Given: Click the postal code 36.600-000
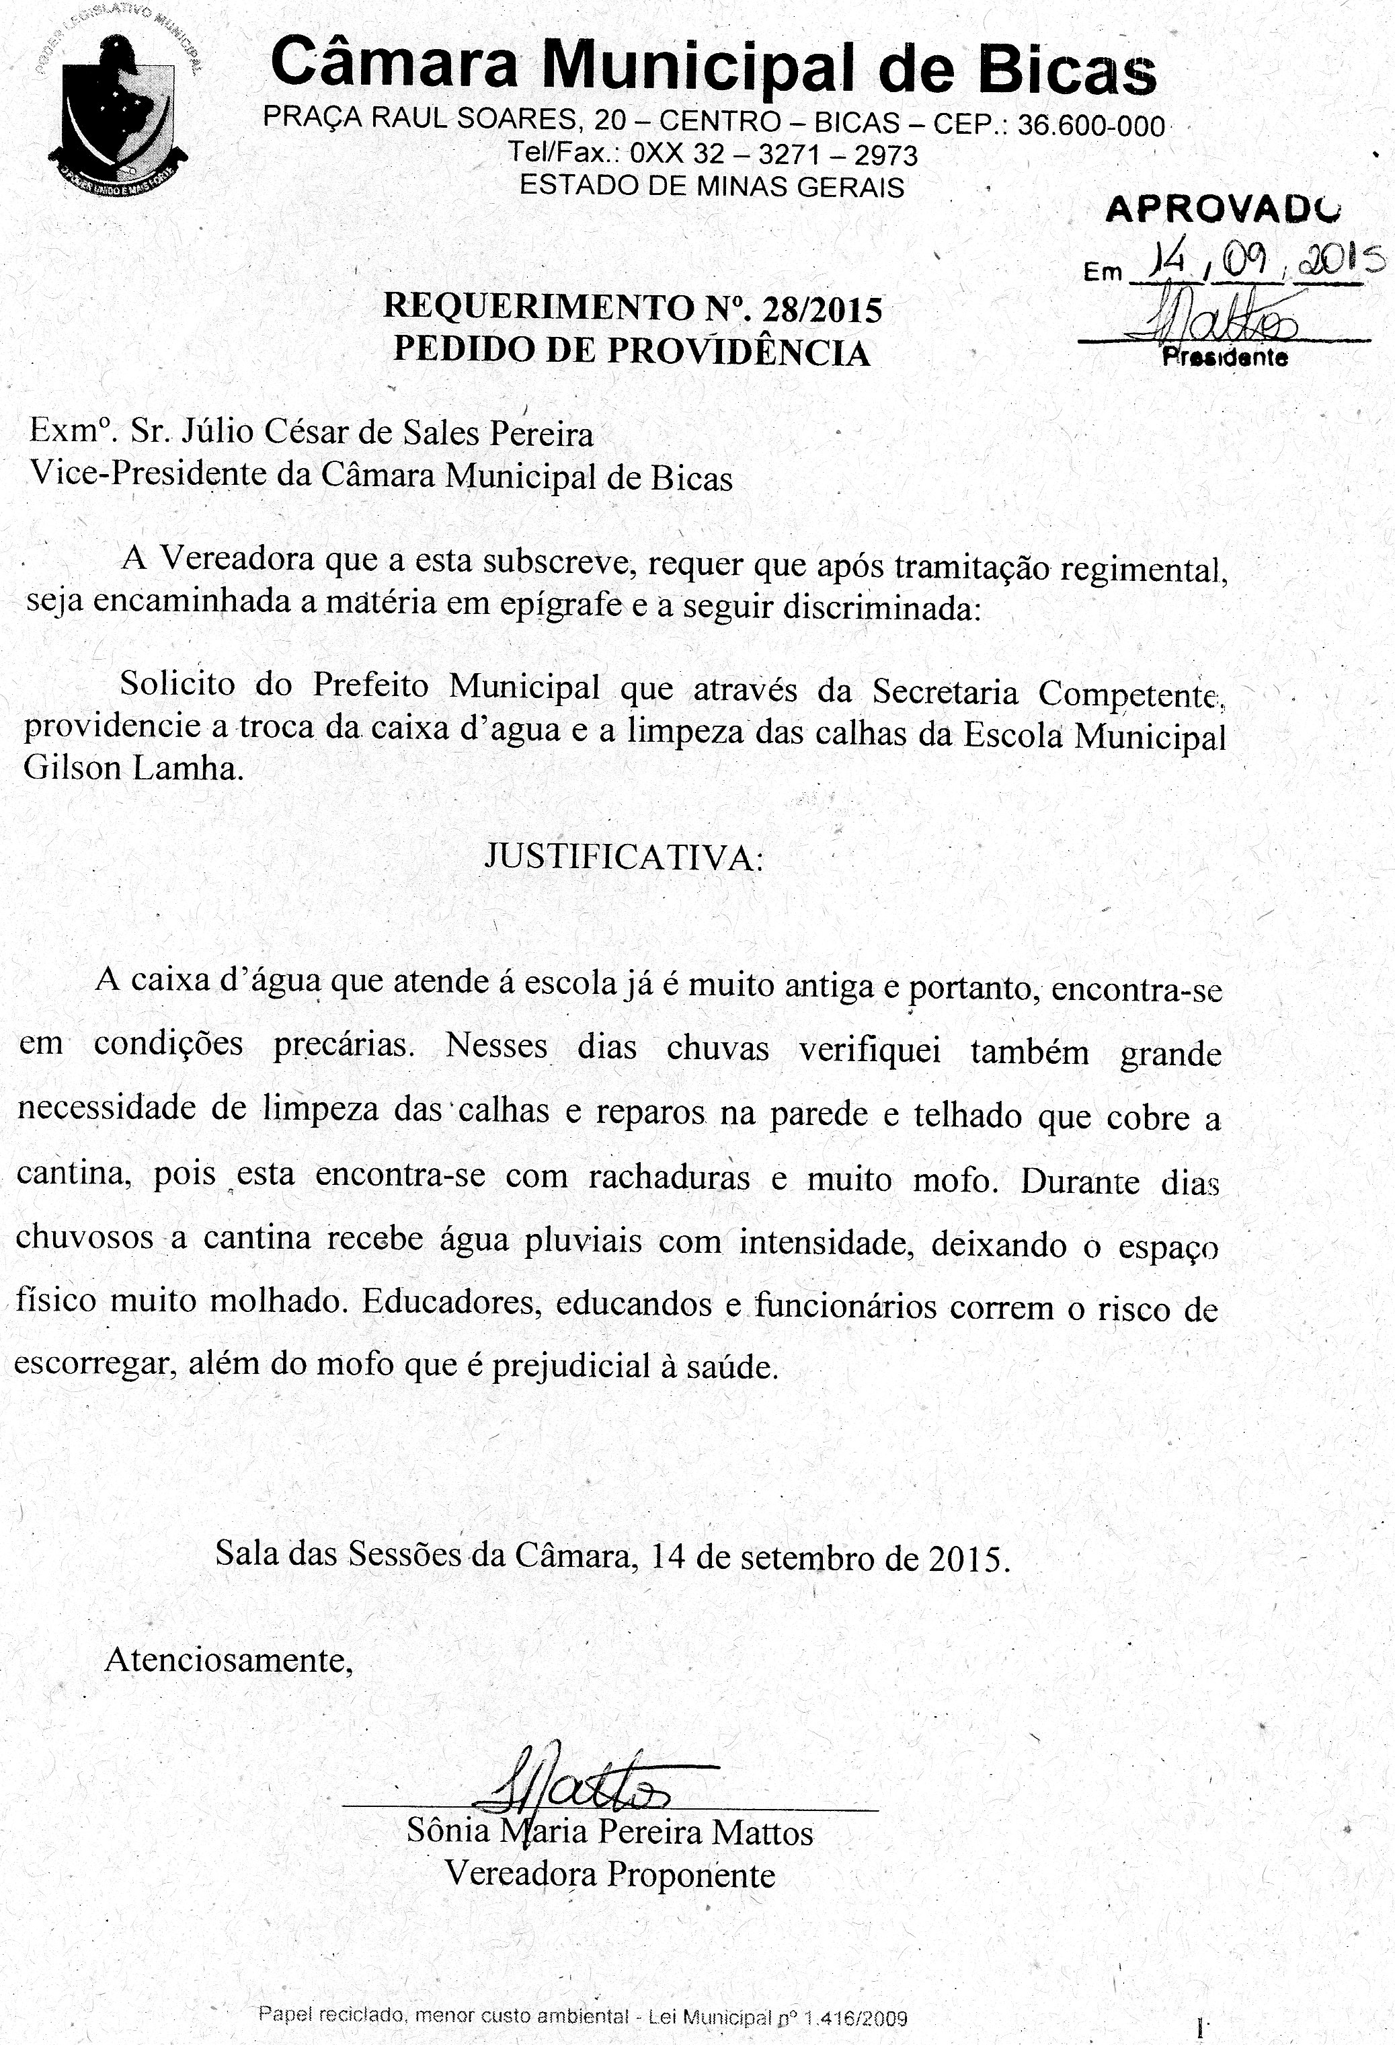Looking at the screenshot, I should [1090, 126].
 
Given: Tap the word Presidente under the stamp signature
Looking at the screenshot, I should [1224, 357].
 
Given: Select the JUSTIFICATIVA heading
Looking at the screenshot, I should [624, 856].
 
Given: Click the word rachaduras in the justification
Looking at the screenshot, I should [668, 1178].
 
